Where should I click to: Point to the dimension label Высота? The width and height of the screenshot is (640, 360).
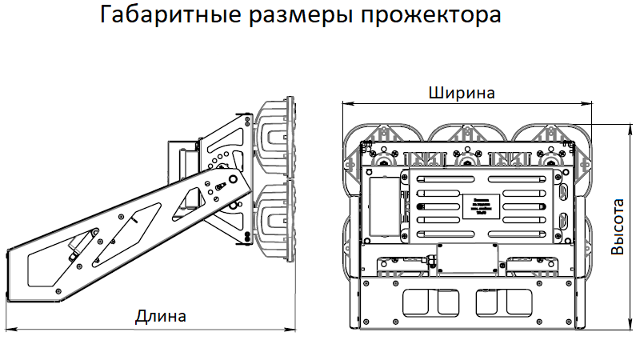[x=618, y=226]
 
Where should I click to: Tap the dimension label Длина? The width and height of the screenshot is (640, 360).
[x=161, y=315]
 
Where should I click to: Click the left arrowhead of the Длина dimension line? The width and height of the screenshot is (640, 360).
[x=10, y=328]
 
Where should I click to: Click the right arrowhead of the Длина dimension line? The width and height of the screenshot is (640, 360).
[x=290, y=328]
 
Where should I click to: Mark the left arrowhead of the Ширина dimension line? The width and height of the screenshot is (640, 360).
[x=346, y=103]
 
